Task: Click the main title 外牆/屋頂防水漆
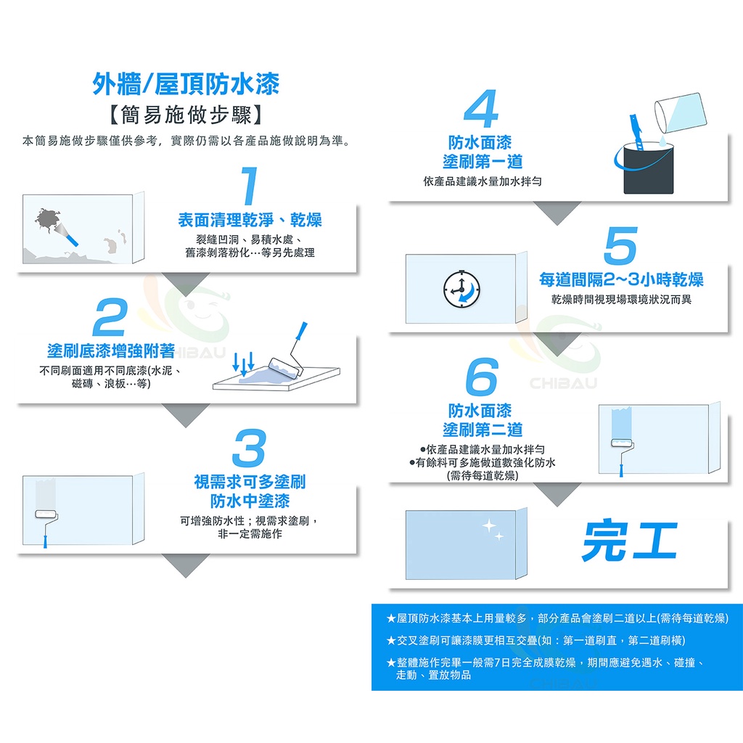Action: point(186,84)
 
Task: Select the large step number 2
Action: point(110,317)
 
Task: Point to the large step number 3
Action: point(249,448)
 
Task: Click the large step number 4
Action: point(480,109)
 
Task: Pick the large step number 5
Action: point(620,245)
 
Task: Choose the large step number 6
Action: point(482,377)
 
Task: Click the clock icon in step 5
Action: point(461,289)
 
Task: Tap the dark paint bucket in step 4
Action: point(648,168)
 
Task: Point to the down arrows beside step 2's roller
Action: point(244,363)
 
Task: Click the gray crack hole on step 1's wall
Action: point(47,220)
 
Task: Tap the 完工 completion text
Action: point(629,541)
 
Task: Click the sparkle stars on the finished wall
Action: point(493,530)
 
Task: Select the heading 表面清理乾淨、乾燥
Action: point(250,220)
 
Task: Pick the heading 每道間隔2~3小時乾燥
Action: point(621,279)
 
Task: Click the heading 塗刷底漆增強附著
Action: point(111,350)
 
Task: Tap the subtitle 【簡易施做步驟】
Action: point(186,115)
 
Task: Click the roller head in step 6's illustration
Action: point(622,443)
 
